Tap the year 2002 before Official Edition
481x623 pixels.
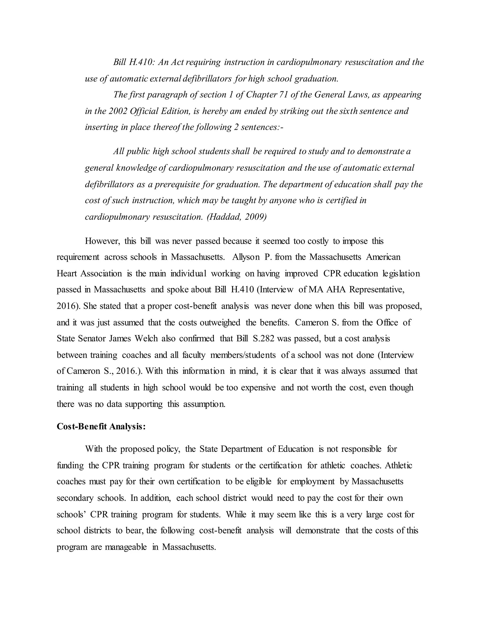[x=118, y=111]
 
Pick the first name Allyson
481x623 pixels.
[x=246, y=257]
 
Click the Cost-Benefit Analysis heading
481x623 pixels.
[x=101, y=426]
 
